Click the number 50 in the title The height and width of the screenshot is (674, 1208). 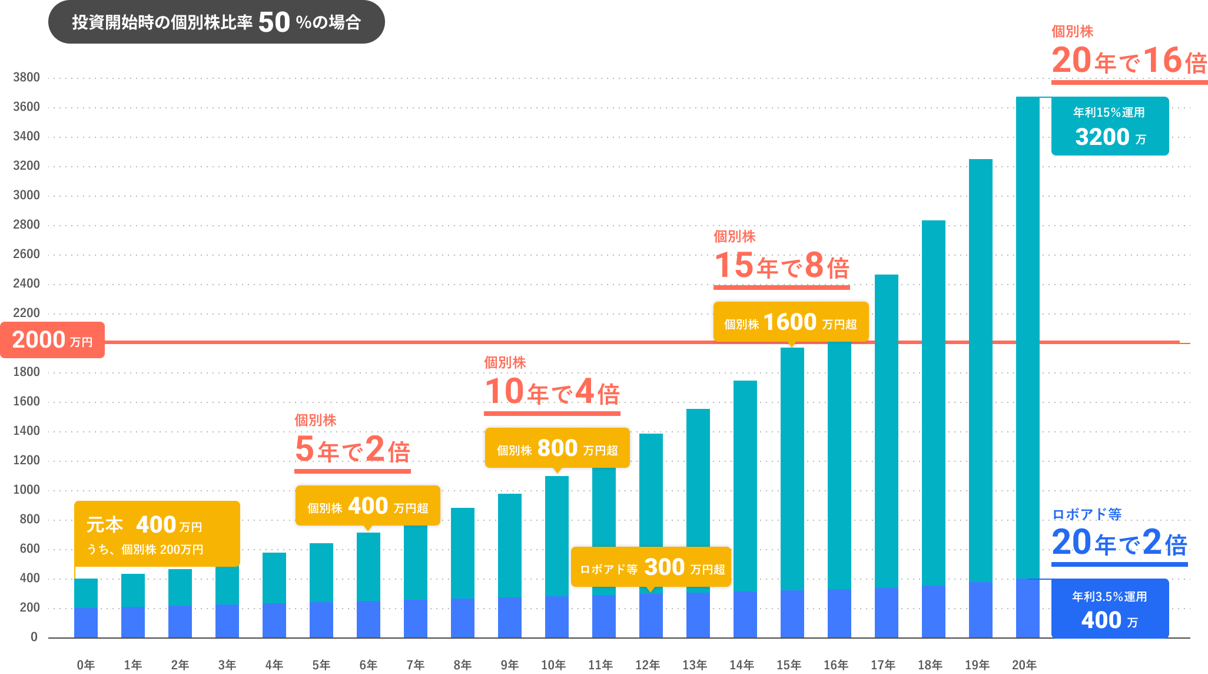274,22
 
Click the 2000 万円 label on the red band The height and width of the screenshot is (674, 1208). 52,340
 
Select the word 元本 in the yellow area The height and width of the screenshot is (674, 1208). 105,524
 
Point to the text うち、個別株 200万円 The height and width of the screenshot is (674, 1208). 145,550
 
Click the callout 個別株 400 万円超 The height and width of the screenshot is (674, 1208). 367,506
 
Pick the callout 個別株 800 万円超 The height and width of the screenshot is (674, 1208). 557,449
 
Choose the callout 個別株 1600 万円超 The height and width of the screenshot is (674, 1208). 790,323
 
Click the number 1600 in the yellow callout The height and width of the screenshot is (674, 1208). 789,322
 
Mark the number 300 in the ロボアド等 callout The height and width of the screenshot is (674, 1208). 664,567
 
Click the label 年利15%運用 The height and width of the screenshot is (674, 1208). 1109,113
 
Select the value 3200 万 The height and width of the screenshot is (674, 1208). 1110,137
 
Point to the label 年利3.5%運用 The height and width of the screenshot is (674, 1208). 1109,597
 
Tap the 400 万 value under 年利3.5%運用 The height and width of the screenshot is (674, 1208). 1109,620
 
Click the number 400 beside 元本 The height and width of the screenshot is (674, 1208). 156,524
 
